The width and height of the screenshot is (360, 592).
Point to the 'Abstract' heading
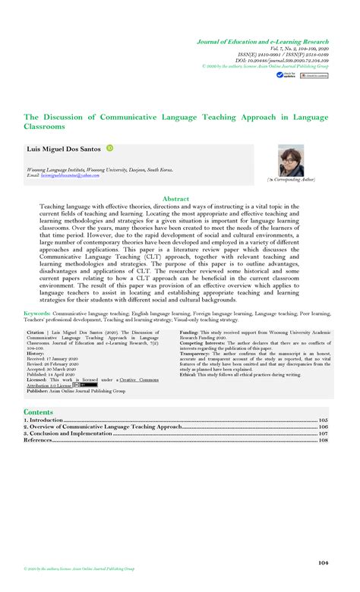pyautogui.click(x=180, y=199)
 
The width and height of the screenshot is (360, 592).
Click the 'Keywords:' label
pyautogui.click(x=37, y=313)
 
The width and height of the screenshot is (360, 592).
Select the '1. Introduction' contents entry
pyautogui.click(x=44, y=420)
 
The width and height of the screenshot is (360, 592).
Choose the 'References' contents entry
pyautogui.click(x=39, y=440)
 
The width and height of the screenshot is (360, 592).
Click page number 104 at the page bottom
pyautogui.click(x=323, y=563)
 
